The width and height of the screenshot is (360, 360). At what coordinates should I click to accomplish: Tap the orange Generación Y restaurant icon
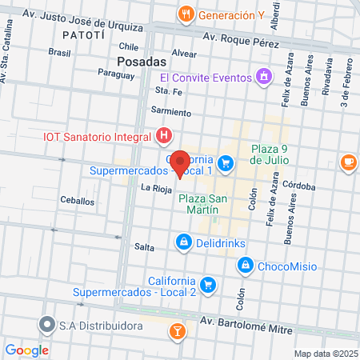[186, 14]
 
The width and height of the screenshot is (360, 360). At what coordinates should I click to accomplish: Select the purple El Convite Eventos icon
[264, 77]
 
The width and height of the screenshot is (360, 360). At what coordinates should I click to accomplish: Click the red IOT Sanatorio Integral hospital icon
[164, 135]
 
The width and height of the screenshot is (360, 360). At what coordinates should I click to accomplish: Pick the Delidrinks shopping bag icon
[184, 241]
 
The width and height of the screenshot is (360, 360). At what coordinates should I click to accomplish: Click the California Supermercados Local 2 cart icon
[208, 285]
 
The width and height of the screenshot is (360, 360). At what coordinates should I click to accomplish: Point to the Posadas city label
[141, 61]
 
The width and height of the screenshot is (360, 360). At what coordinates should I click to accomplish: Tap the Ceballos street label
[77, 201]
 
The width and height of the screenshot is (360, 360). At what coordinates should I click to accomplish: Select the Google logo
[27, 350]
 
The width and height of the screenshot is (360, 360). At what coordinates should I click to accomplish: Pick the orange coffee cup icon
[348, 162]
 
